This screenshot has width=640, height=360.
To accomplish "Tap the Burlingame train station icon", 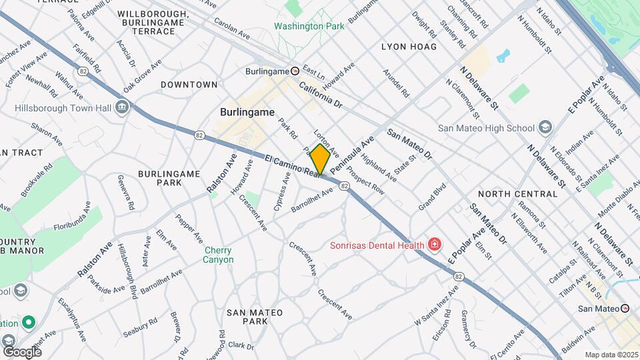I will (295, 71).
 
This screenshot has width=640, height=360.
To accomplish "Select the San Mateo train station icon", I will (625, 308).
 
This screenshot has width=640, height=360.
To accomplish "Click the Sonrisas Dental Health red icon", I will (435, 245).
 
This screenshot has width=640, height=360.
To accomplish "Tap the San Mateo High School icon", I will (545, 128).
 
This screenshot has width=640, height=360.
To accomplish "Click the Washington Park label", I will (309, 26).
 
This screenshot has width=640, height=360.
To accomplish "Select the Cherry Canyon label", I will (219, 254).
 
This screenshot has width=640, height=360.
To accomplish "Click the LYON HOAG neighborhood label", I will (409, 47).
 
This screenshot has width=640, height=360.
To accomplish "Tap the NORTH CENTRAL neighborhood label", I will (517, 194).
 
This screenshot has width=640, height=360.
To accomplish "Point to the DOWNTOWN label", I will (189, 85).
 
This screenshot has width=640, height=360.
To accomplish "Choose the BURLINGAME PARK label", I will (169, 178).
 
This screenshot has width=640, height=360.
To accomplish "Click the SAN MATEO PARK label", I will (255, 317).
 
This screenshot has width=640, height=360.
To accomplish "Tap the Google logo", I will (22, 351).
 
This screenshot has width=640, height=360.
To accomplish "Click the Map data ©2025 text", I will (611, 355).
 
